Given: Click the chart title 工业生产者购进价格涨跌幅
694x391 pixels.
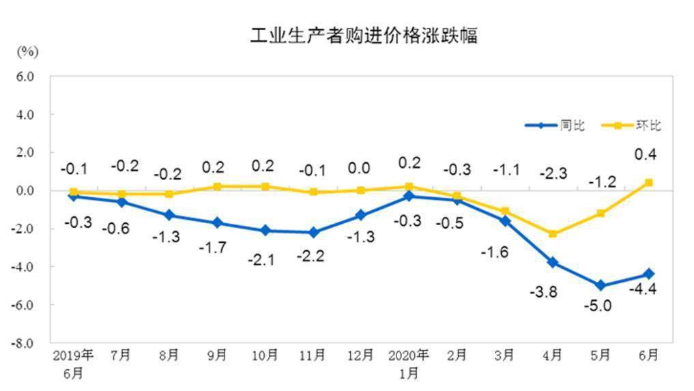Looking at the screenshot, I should pyautogui.click(x=363, y=35).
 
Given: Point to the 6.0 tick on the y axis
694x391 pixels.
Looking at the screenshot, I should pyautogui.click(x=25, y=76).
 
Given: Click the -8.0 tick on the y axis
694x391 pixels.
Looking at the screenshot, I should pyautogui.click(x=24, y=343).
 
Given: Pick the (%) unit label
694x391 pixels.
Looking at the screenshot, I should pyautogui.click(x=27, y=51).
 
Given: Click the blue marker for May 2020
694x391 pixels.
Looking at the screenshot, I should pyautogui.click(x=601, y=285).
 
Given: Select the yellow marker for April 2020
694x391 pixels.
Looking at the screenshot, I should pyautogui.click(x=553, y=234).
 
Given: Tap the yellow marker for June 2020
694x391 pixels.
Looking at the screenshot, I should pyautogui.click(x=648, y=182).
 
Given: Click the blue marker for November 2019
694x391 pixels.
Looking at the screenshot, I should pyautogui.click(x=313, y=233).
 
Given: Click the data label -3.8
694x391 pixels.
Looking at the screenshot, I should pyautogui.click(x=544, y=292).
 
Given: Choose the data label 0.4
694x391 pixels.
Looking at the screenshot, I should pyautogui.click(x=646, y=155).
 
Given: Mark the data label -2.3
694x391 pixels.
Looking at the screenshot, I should pyautogui.click(x=553, y=173).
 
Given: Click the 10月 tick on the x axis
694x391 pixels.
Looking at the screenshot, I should pyautogui.click(x=265, y=356).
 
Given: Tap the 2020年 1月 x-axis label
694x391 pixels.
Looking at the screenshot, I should pyautogui.click(x=409, y=364).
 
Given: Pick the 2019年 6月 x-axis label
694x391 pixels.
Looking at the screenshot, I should pyautogui.click(x=73, y=364).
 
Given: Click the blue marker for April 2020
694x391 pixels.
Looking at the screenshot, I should pyautogui.click(x=553, y=263).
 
